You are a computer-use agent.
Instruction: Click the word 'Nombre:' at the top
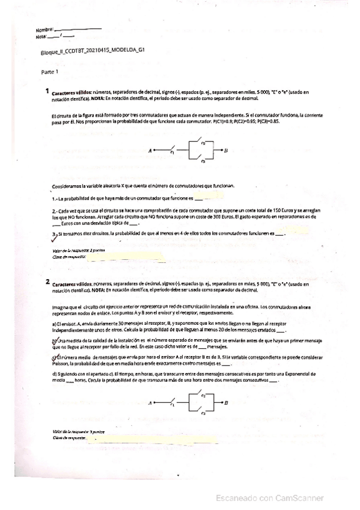44,29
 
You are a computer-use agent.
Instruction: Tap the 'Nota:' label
41,36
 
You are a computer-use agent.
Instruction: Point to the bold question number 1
47,91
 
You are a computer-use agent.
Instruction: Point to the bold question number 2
47,281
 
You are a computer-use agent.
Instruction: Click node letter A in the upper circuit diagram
150,151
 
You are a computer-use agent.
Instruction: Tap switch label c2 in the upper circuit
204,143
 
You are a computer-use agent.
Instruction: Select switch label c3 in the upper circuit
204,161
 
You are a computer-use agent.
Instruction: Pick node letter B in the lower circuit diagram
225,404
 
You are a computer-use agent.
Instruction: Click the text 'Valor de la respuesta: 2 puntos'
71,250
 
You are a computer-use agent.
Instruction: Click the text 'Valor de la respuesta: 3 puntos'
71,432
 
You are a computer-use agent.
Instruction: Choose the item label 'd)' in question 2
55,375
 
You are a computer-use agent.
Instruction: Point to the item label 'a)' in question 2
55,324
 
